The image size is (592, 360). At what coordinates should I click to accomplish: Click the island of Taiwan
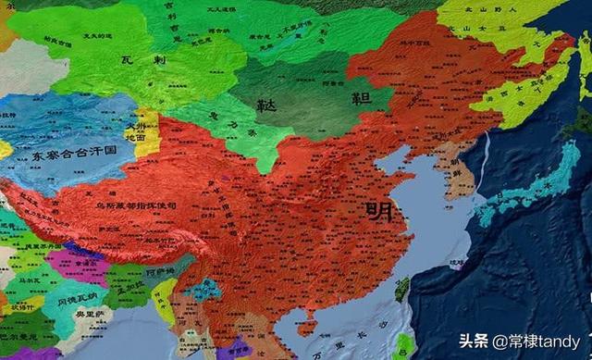[401, 290]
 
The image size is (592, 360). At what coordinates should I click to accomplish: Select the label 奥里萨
[88, 313]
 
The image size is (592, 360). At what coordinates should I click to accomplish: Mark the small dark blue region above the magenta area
[81, 249]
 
